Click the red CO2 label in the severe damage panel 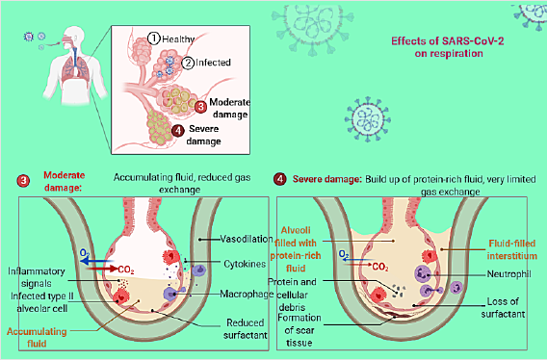click(380, 264)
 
